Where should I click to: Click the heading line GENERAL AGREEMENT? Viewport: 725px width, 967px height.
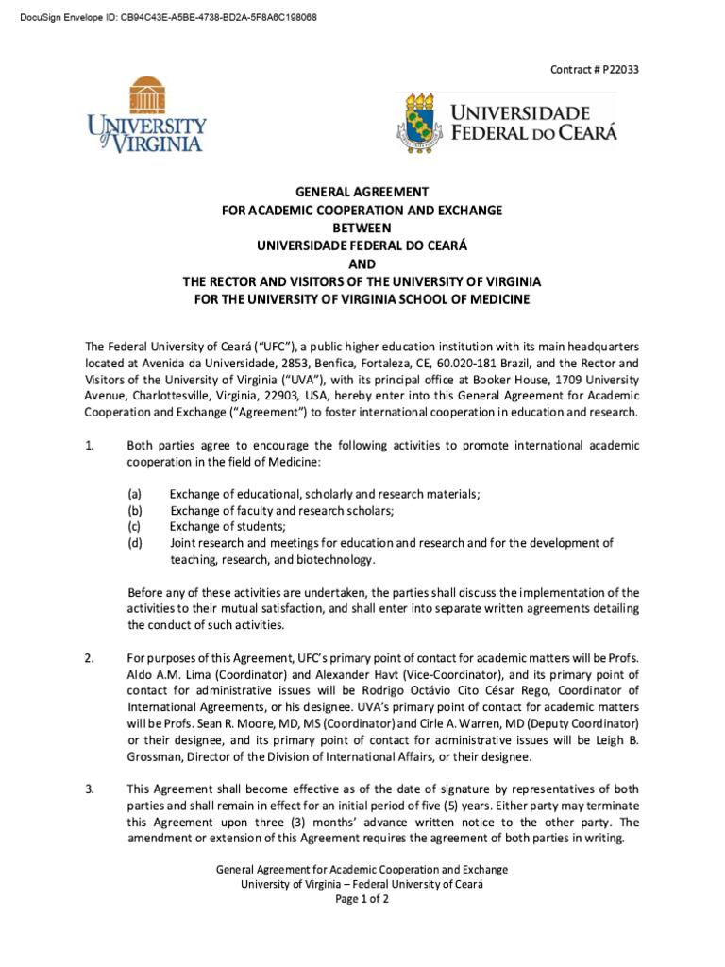[x=362, y=192]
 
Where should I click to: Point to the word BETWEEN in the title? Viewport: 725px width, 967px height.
[x=362, y=228]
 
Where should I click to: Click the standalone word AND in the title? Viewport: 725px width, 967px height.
[x=362, y=263]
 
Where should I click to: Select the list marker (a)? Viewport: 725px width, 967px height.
[x=135, y=495]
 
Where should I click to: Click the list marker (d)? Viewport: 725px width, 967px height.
[x=135, y=543]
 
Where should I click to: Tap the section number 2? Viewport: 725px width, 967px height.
[x=90, y=657]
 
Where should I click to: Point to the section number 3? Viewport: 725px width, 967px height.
[x=90, y=789]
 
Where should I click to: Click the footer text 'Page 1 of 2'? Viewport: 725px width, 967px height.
[x=362, y=899]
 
